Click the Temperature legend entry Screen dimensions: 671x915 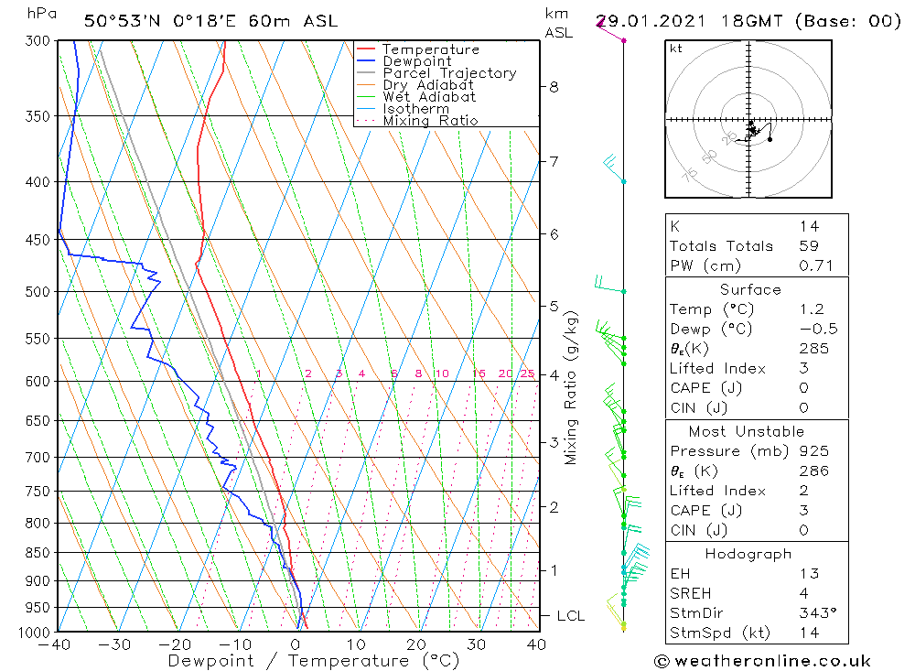pos(430,49)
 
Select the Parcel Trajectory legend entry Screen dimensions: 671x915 pos(449,73)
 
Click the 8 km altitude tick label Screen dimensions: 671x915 pos(554,87)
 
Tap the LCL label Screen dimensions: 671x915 pos(570,616)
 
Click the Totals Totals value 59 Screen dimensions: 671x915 pos(809,246)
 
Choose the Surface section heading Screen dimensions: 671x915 pos(750,290)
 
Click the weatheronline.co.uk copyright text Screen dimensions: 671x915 pos(762,661)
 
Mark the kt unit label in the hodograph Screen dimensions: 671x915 pos(676,49)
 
